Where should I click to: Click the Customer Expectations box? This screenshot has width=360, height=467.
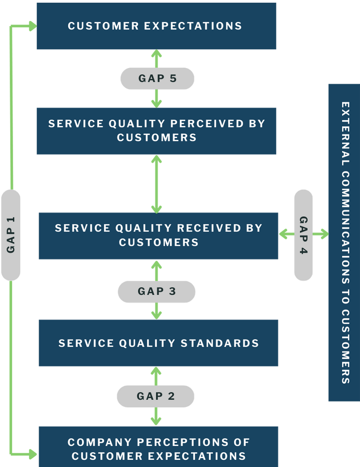156,26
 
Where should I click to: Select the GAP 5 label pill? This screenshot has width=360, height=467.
157,79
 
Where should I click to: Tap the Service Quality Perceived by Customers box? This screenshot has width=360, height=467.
156,131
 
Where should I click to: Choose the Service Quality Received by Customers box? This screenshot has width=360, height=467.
158,236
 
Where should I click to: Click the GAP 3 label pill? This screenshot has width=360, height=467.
157,292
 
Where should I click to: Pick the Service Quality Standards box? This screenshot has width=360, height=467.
158,343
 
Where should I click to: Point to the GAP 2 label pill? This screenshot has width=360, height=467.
156,396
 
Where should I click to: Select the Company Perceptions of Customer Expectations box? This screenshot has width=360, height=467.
158,449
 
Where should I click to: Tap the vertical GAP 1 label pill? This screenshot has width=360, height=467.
11,235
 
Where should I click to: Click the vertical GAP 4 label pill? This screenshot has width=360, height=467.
303,235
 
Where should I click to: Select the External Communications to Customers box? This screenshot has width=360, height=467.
344,242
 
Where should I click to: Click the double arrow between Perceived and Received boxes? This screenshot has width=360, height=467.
156,184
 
